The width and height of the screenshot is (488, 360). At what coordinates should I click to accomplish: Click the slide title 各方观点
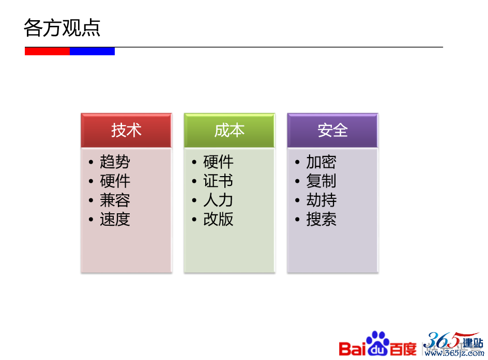click(x=62, y=28)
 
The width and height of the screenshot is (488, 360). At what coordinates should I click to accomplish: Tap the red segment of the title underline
click(x=48, y=51)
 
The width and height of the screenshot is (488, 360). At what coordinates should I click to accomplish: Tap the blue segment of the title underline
click(x=92, y=51)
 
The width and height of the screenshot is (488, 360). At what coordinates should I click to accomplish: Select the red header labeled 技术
click(x=126, y=130)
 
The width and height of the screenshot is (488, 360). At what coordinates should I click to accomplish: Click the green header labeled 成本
click(x=230, y=130)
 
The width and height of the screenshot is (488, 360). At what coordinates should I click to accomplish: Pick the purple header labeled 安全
click(x=333, y=130)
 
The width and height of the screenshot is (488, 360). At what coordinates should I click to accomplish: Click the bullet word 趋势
click(x=115, y=162)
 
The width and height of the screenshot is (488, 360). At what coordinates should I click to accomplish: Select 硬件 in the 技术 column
click(x=115, y=181)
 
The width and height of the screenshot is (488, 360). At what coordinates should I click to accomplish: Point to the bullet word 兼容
click(x=115, y=200)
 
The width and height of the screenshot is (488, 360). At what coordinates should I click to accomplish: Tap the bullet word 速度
click(x=115, y=219)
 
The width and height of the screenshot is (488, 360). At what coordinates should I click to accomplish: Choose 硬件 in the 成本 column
click(x=218, y=162)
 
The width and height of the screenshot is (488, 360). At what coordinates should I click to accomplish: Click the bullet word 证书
click(x=218, y=181)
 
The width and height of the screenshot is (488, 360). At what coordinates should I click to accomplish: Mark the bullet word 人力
click(x=218, y=200)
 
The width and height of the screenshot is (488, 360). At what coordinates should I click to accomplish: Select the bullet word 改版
click(x=218, y=219)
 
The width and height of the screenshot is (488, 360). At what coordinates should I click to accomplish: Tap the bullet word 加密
click(x=321, y=162)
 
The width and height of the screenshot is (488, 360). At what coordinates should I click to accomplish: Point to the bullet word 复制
click(x=321, y=181)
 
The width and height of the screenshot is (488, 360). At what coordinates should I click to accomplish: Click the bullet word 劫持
click(x=321, y=200)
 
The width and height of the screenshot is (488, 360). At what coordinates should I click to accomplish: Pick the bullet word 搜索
click(x=321, y=219)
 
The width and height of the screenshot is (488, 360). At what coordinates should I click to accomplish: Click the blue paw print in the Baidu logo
click(x=378, y=343)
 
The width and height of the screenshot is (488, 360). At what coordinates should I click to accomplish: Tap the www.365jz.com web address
click(x=454, y=353)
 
